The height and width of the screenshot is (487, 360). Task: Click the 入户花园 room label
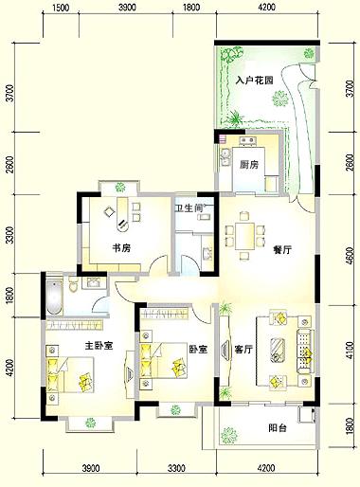[x=255, y=81]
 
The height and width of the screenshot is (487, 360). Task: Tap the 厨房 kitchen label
[x=249, y=165]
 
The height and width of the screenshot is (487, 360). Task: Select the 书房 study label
[x=121, y=248]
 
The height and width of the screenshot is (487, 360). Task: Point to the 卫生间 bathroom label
[x=189, y=208]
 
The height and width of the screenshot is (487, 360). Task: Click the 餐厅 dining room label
[x=282, y=250]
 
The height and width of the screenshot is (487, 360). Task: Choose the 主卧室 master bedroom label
[x=99, y=346]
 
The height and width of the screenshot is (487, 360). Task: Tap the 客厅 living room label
[x=243, y=350]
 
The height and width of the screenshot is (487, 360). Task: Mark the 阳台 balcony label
[x=278, y=428]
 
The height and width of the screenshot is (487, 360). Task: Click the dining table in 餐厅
[x=244, y=236]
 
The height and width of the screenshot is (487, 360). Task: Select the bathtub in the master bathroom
[x=54, y=297]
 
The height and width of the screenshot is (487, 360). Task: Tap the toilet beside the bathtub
[x=73, y=285]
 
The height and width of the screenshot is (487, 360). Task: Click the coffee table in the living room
[x=278, y=351]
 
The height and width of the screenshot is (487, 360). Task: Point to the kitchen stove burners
[x=247, y=140]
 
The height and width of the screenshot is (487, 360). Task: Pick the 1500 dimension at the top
[x=61, y=8]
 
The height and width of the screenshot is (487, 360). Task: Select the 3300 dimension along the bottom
[x=176, y=468]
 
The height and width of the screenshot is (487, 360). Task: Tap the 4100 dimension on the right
[x=350, y=350]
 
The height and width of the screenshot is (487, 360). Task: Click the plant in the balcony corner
[x=229, y=436]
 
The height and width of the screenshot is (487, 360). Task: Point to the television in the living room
[x=225, y=350]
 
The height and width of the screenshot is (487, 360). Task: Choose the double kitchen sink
[x=225, y=157]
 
